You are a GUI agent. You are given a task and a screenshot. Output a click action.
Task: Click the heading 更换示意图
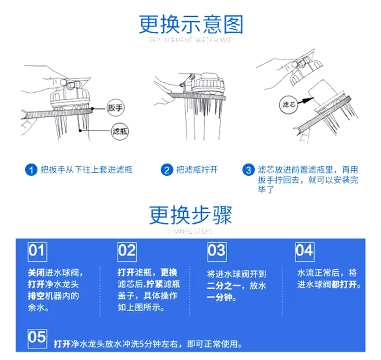[191, 25]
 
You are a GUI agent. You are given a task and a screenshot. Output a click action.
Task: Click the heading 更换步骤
[191, 216]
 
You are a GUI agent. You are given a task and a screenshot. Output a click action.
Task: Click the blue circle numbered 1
[31, 170]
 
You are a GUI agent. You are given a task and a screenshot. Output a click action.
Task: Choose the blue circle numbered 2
[166, 170]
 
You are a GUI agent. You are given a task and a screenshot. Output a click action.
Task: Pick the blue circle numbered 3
[248, 170]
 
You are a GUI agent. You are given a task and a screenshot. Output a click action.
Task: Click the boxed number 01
[37, 251]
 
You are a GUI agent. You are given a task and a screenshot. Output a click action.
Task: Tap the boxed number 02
[127, 251]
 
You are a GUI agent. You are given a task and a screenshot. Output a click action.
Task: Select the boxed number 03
[217, 251]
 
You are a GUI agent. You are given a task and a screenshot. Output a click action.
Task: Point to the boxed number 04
[304, 251]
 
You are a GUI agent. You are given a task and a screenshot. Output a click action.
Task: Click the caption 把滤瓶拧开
[197, 170]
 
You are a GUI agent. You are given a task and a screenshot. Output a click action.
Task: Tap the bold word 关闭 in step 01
[35, 273]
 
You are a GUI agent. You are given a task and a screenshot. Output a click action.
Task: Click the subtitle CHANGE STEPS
[190, 232]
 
